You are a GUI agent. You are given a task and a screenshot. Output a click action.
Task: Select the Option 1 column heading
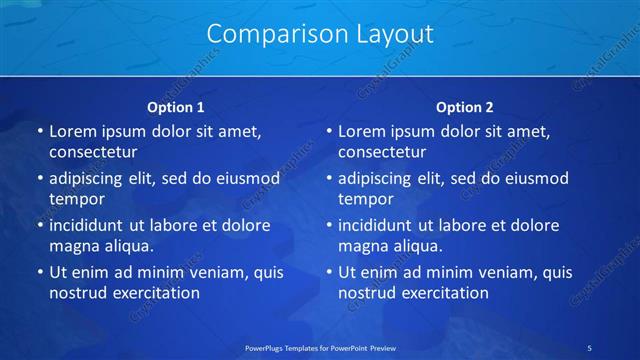pyautogui.click(x=176, y=107)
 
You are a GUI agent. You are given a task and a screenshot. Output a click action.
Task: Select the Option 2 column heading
pyautogui.click(x=465, y=107)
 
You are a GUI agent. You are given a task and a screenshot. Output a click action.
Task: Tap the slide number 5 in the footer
pyautogui.click(x=589, y=347)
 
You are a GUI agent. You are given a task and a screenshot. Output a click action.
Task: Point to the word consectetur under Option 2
pyautogui.click(x=382, y=153)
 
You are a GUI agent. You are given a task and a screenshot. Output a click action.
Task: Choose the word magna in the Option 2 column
pyautogui.click(x=360, y=245)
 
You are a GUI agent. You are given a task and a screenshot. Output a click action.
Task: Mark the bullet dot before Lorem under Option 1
pyautogui.click(x=39, y=132)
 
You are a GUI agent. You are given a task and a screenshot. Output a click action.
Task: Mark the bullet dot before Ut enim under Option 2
pyautogui.click(x=328, y=272)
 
